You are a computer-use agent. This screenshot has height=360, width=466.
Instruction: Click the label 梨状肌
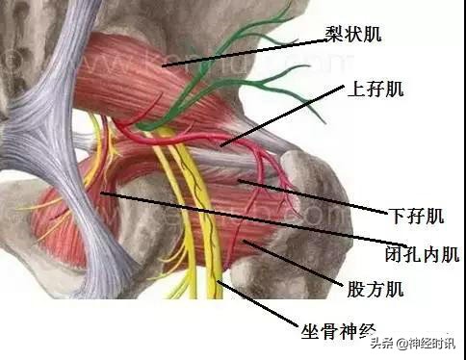point(353,36)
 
